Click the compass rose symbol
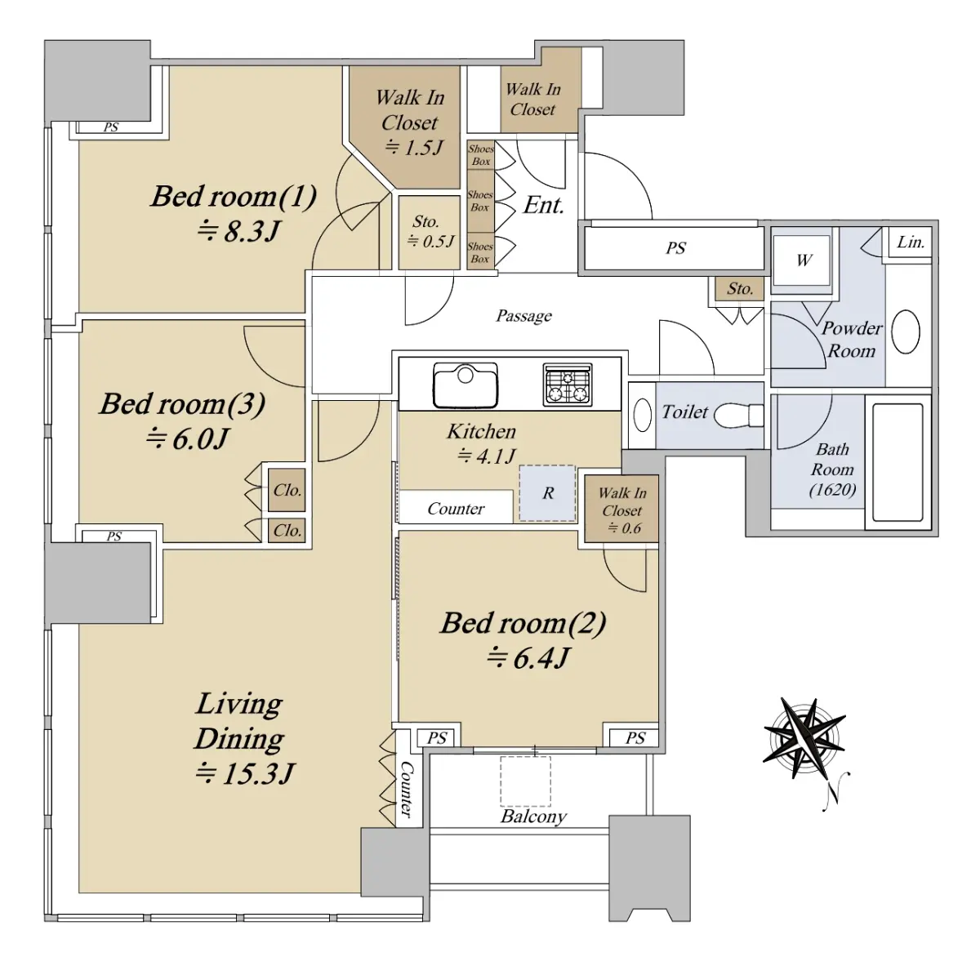[x=804, y=739]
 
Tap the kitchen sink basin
[x=465, y=385]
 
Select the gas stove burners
[x=568, y=385]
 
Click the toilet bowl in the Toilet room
[x=738, y=416]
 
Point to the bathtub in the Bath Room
[x=898, y=462]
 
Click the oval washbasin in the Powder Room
[x=905, y=332]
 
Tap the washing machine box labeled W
[x=803, y=260]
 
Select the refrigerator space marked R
[x=548, y=493]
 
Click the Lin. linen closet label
[x=911, y=243]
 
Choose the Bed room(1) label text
[x=234, y=196]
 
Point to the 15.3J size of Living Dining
[x=245, y=774]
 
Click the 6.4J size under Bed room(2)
[x=528, y=659]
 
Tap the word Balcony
[x=533, y=817]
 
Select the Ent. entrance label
[x=544, y=206]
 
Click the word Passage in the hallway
[x=523, y=316]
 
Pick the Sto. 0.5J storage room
[x=430, y=233]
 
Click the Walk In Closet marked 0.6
[x=621, y=509]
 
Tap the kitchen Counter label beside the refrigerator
[x=456, y=509]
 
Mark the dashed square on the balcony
[x=525, y=781]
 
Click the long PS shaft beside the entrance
[x=675, y=248]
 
